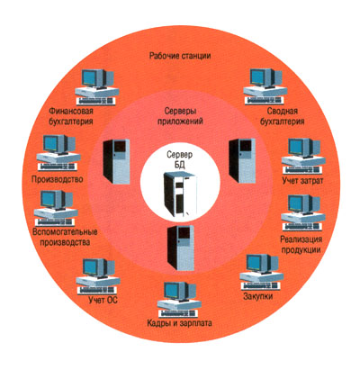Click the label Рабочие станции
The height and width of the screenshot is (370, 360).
(180, 56)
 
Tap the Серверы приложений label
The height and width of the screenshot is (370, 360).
(180, 116)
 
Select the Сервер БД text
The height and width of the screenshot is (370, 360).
(179, 160)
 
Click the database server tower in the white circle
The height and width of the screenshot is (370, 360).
(180, 194)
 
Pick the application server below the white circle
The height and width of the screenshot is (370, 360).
(181, 248)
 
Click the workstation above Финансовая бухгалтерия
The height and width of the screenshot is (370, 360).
(96, 87)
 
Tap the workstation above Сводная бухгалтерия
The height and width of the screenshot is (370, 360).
(265, 86)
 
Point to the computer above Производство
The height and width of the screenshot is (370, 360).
(58, 153)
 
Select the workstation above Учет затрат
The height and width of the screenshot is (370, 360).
(303, 156)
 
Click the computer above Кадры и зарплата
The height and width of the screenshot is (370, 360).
(179, 301)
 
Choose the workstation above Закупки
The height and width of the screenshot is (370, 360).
(262, 273)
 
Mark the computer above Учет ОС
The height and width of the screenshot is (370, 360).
(98, 276)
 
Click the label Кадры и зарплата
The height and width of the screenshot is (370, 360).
(179, 323)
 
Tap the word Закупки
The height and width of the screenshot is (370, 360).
(258, 296)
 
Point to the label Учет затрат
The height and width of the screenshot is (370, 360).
(303, 181)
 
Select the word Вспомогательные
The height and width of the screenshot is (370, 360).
(65, 232)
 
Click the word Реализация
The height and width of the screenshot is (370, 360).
(301, 239)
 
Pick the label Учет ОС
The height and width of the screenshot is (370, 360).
(103, 300)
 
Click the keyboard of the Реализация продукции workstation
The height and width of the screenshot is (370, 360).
(303, 227)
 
